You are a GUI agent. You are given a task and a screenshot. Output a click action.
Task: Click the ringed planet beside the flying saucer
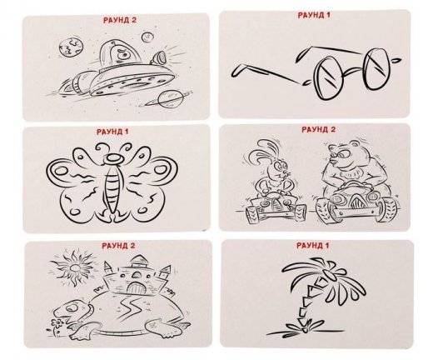[x=169, y=100]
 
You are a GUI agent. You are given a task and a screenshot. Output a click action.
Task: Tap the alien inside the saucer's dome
[x=123, y=54]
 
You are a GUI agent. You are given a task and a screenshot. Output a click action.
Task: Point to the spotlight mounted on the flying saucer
[x=158, y=57]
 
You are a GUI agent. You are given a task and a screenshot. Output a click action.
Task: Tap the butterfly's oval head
[x=113, y=158]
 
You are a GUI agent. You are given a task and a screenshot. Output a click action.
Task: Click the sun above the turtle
[x=75, y=267]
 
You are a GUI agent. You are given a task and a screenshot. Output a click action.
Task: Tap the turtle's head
[x=72, y=309]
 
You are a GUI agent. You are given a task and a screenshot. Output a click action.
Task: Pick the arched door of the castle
[x=136, y=287]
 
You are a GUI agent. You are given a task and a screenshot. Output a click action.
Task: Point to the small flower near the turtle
[x=57, y=323]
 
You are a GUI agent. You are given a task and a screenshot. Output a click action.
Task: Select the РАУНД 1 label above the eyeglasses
[x=314, y=15]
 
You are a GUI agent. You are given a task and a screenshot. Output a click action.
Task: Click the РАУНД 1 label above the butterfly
[x=112, y=132]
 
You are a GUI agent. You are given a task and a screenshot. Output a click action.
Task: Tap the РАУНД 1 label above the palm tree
[x=313, y=246]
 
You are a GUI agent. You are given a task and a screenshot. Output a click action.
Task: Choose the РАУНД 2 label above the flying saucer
[x=120, y=20]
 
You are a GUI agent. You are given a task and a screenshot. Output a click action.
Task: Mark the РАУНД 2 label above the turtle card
[x=118, y=246]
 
